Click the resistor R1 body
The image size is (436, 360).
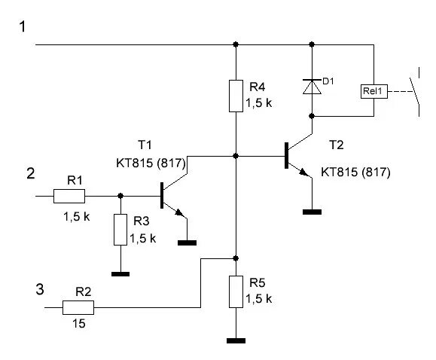(69, 196)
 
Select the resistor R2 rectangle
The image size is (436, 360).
(78, 307)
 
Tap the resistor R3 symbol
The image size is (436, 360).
(120, 230)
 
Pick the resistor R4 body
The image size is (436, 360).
(236, 96)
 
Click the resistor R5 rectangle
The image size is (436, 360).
(236, 291)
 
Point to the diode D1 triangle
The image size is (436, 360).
(312, 87)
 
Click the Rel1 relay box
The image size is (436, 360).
(374, 91)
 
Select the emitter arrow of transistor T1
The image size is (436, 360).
(180, 213)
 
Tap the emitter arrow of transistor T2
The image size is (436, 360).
(304, 172)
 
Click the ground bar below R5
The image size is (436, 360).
(236, 341)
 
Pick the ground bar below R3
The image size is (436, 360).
(120, 274)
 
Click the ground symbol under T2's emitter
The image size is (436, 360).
(312, 212)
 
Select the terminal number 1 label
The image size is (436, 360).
(23, 27)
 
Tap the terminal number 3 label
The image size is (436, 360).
(40, 289)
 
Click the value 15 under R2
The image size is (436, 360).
(79, 324)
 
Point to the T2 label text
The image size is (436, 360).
(337, 145)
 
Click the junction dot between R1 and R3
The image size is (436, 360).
(120, 196)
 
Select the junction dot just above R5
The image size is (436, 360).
(236, 258)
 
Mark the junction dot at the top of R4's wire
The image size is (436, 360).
(236, 44)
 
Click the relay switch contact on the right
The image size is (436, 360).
(416, 92)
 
